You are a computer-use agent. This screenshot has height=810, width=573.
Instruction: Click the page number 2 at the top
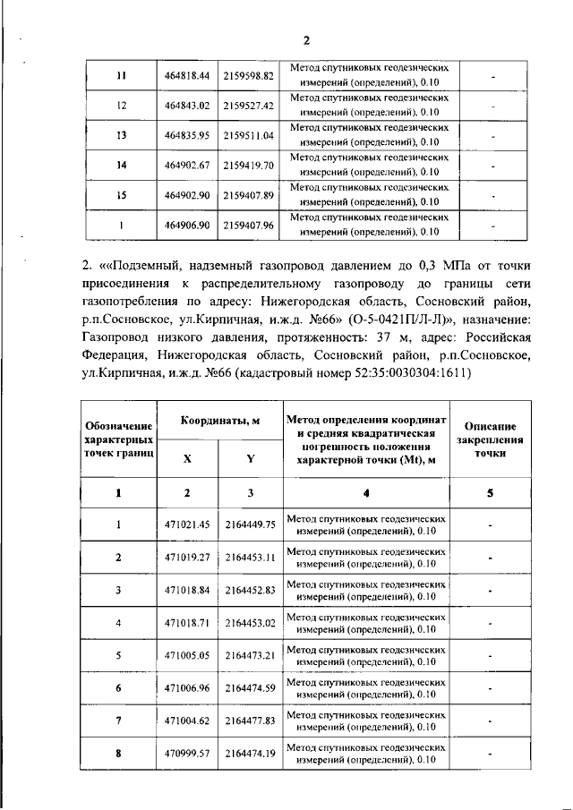pos(305,40)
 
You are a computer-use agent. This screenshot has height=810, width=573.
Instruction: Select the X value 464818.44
pos(186,75)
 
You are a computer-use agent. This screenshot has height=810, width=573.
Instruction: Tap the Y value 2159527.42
pos(248,106)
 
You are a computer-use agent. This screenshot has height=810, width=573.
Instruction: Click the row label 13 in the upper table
pos(121,135)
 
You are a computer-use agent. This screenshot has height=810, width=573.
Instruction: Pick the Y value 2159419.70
pos(248,166)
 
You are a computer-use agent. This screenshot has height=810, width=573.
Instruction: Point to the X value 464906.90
pos(186,226)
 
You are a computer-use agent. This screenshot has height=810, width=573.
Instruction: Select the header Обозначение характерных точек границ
pos(119,439)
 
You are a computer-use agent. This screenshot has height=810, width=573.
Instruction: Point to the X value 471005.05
pos(186,655)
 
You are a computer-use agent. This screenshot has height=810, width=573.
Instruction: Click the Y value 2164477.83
pos(249,720)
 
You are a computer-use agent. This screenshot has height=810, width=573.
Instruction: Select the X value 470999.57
pos(186,754)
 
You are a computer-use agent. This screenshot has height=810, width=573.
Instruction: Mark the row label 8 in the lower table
pos(119,754)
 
